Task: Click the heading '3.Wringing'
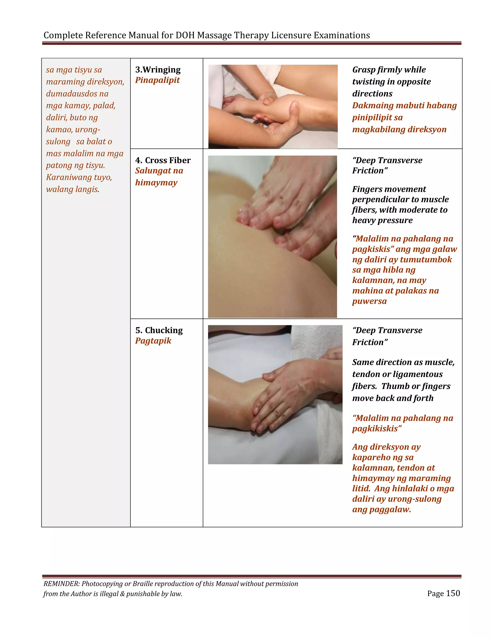click(x=158, y=70)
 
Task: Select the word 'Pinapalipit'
click(x=157, y=80)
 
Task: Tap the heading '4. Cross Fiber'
click(x=163, y=160)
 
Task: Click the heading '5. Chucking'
click(x=159, y=330)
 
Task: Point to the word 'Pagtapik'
click(x=153, y=341)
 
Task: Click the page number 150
click(x=453, y=593)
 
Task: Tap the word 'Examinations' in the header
click(x=342, y=35)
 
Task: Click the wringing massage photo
click(x=273, y=107)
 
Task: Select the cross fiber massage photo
click(x=272, y=237)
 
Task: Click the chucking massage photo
click(x=275, y=394)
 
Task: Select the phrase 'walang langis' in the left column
click(x=72, y=189)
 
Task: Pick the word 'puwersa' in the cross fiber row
click(x=369, y=301)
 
